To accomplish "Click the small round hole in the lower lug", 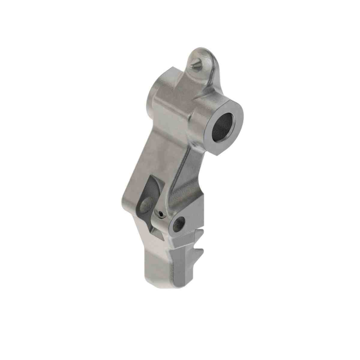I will click(179, 223).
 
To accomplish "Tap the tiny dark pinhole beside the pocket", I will click(160, 214).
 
